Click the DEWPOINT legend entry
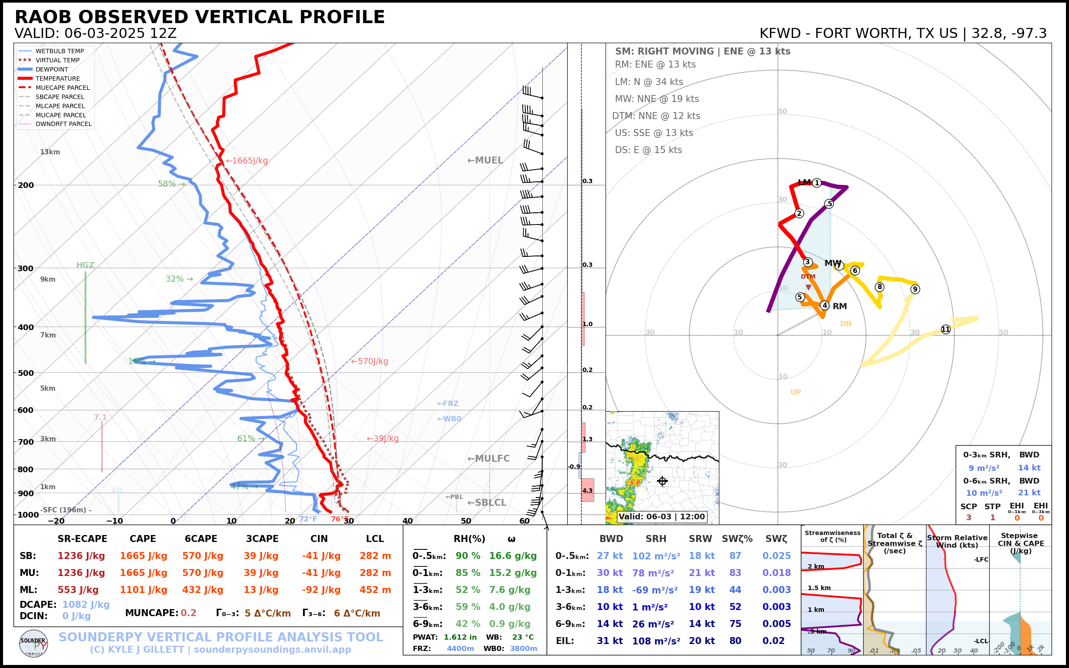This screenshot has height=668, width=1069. pos(52,69)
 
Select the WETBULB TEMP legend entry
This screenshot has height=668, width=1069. pos(59,51)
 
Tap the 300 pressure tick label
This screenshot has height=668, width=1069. pos(26,269)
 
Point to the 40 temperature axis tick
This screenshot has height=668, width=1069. pos(407,521)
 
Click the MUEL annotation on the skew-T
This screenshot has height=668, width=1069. pos(485,160)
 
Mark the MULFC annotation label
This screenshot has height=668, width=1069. pos(489,459)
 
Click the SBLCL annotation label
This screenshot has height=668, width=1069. pos(487,503)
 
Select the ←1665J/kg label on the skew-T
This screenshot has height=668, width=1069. pos(247,161)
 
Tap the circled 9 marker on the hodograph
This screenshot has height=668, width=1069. pos(915,290)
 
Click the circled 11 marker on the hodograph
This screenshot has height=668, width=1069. pos(945,330)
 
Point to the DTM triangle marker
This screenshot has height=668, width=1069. pos(808,288)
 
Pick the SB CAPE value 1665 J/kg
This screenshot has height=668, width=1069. pos(143,556)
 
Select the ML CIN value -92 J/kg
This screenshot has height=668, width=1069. pos(321,590)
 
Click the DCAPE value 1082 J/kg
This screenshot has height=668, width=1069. pos(86,604)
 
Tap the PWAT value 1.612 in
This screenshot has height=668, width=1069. pos(460,637)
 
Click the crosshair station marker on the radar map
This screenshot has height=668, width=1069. pos(662,481)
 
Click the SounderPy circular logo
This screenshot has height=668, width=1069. pos(34,644)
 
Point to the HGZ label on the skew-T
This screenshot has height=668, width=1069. pos(85,265)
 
